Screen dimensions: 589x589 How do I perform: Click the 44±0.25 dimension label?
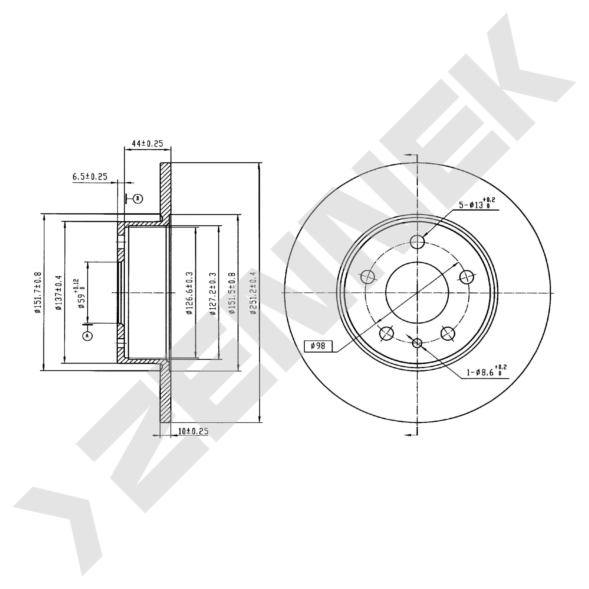147,143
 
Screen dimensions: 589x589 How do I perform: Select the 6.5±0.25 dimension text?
90,176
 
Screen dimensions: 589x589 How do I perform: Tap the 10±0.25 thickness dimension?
193,431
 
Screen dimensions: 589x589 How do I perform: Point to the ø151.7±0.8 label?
37,292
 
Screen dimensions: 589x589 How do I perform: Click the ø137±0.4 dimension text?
58,292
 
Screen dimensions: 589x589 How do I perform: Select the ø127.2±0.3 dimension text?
213,293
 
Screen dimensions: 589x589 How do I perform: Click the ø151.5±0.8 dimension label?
232,293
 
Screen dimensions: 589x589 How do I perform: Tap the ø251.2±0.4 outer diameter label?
253,293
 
